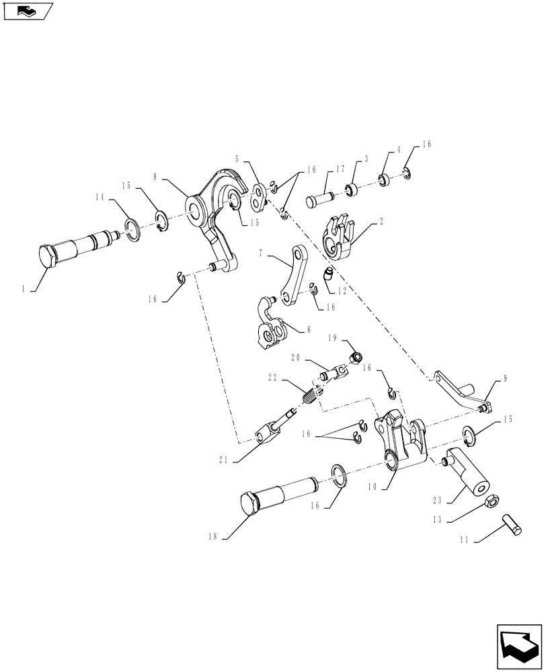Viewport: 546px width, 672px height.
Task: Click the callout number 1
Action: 24,288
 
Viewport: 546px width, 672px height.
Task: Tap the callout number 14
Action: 100,197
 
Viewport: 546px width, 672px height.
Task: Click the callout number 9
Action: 504,379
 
